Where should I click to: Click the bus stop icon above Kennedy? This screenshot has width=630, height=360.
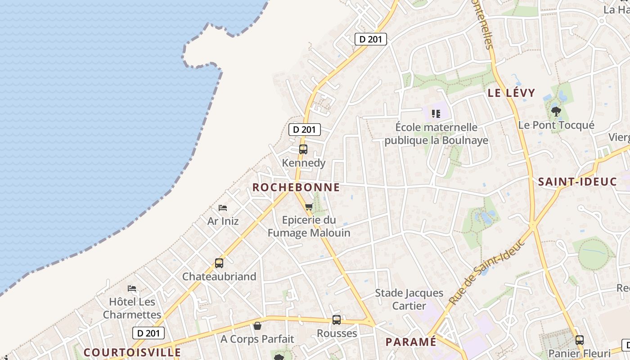pos(303,149)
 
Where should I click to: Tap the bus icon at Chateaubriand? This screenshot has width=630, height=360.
pos(219,263)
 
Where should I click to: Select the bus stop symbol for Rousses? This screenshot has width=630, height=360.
pos(337,320)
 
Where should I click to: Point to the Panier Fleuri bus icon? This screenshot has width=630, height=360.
pos(580,340)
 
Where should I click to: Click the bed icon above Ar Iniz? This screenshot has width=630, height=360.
pos(223,208)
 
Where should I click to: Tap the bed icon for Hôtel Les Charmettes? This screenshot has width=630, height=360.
pos(132,288)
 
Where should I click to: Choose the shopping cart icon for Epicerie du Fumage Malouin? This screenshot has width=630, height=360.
pos(309,207)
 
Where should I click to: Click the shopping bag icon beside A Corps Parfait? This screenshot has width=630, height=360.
pos(257,325)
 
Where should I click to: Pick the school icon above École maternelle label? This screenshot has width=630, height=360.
pos(436,113)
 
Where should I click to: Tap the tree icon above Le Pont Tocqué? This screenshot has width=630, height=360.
pos(556,111)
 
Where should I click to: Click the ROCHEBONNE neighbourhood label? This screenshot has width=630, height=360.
pos(296,188)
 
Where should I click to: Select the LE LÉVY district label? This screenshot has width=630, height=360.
pos(512,93)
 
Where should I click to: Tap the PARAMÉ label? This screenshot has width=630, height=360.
pos(411,342)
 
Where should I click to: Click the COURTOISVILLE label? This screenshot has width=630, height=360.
pos(132,352)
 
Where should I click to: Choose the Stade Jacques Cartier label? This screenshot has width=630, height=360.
pos(409,300)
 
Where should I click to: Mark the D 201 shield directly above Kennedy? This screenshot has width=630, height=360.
pos(305,130)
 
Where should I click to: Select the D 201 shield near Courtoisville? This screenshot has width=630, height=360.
pos(148,333)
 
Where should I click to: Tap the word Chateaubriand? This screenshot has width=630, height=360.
pos(219,276)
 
